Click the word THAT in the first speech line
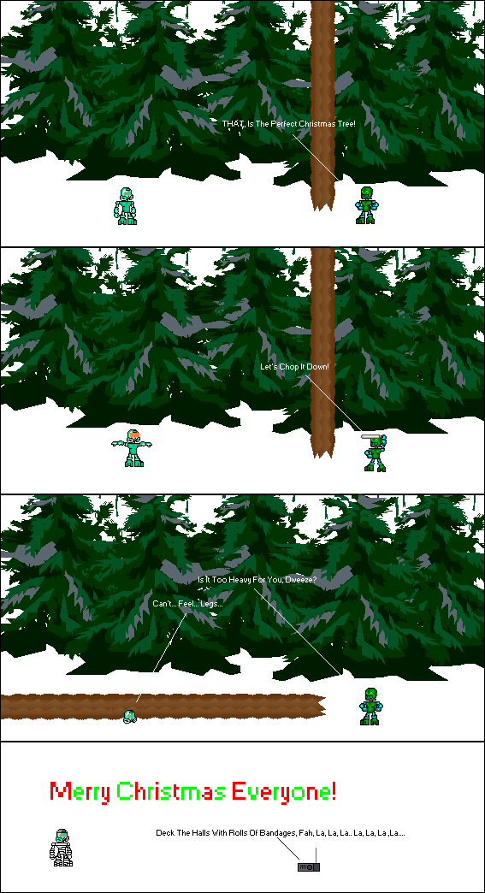point(233,124)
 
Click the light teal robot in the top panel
point(127,206)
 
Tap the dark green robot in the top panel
point(367,206)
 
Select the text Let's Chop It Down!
point(294,367)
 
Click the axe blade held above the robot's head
point(371,438)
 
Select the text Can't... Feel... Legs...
point(187,604)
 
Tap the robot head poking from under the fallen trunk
point(130,715)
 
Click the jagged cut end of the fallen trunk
point(321,706)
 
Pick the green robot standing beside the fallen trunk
point(370,707)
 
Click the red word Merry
point(80,792)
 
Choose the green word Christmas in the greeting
point(172,792)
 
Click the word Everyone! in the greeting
point(286,792)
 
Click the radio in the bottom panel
point(309,866)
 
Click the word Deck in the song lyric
point(164,832)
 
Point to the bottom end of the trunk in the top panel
point(323,204)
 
